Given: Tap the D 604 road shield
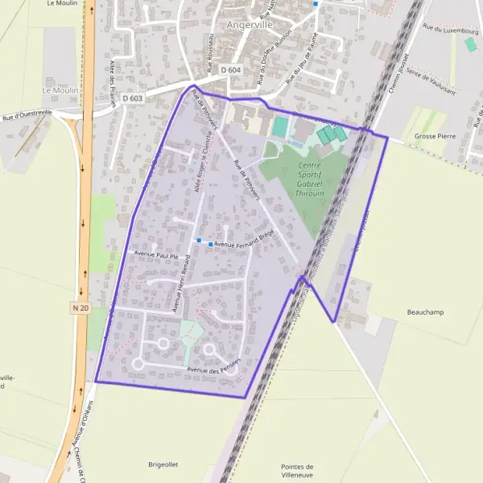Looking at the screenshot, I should click(x=229, y=71).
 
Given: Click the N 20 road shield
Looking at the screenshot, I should click(x=79, y=308).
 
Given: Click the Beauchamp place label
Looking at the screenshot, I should click(x=425, y=312).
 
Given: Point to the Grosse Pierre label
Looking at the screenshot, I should click(x=435, y=136).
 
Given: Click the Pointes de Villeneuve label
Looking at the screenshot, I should click(x=297, y=471).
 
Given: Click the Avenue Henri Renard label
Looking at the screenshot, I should click(x=181, y=282).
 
